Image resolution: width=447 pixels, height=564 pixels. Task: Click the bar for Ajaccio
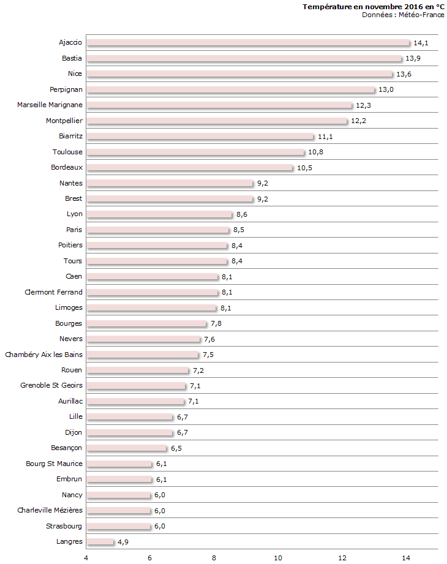click(248, 43)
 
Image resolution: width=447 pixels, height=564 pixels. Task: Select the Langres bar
click(100, 542)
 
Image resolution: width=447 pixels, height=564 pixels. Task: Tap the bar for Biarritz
click(200, 137)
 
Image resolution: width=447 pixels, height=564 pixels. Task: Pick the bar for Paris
click(158, 230)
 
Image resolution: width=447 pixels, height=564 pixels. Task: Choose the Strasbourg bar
click(118, 527)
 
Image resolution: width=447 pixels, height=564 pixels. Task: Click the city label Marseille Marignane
click(50, 105)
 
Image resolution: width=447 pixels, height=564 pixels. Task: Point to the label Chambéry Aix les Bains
click(43, 355)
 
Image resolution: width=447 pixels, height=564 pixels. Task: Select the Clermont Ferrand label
click(53, 292)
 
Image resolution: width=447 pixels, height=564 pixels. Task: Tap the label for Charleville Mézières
click(50, 510)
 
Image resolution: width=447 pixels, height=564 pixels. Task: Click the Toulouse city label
click(67, 152)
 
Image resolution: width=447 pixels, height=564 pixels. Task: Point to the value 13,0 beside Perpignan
click(386, 90)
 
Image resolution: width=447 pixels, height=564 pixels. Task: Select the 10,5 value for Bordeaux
click(304, 168)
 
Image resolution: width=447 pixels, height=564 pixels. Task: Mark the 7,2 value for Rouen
click(198, 370)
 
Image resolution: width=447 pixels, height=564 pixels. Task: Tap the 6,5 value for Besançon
click(176, 448)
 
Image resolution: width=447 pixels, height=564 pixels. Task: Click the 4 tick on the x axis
click(86, 557)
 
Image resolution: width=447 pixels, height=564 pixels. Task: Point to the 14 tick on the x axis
click(405, 557)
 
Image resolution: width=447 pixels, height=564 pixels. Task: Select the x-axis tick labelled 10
click(278, 557)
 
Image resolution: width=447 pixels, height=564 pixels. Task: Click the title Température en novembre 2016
click(374, 6)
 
